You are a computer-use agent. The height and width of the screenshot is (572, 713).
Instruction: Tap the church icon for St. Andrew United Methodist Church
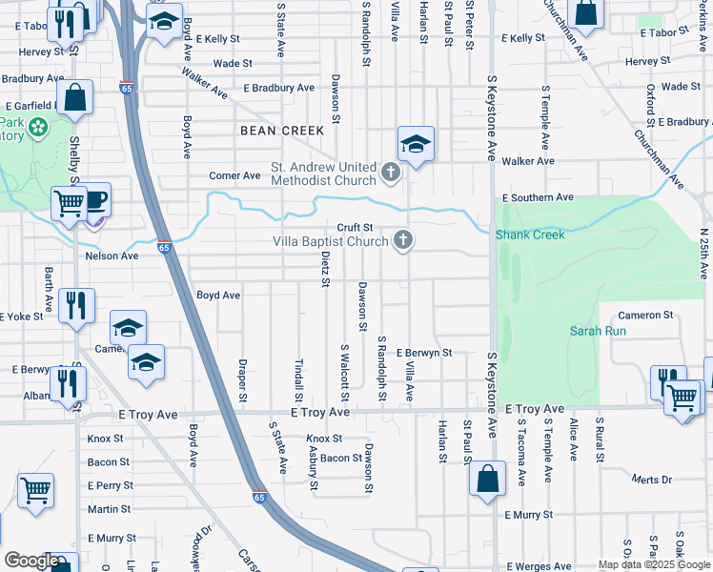tap(390, 173)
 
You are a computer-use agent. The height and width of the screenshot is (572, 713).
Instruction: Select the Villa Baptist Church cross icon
tap(403, 240)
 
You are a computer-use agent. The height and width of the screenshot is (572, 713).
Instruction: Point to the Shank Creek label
tap(529, 235)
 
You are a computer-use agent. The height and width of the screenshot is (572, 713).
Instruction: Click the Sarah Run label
tap(597, 331)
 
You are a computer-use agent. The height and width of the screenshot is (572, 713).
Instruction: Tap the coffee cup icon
tap(96, 201)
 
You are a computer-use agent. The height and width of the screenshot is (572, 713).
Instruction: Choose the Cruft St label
tap(354, 228)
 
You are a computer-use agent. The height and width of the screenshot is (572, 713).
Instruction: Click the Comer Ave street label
tap(235, 175)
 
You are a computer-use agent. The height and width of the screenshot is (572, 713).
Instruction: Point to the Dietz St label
tap(325, 268)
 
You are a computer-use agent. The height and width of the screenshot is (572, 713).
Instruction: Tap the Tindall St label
tap(298, 382)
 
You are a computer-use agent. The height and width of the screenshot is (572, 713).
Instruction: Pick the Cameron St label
tap(645, 315)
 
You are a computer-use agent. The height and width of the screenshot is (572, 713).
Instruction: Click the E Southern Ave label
tap(538, 197)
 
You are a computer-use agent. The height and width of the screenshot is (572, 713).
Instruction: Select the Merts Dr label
tap(652, 480)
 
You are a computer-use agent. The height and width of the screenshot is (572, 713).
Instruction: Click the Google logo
tap(31, 561)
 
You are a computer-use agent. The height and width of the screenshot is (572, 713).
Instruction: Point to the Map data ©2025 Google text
tap(653, 564)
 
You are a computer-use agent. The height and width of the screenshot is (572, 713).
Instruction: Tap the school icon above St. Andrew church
tap(416, 145)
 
